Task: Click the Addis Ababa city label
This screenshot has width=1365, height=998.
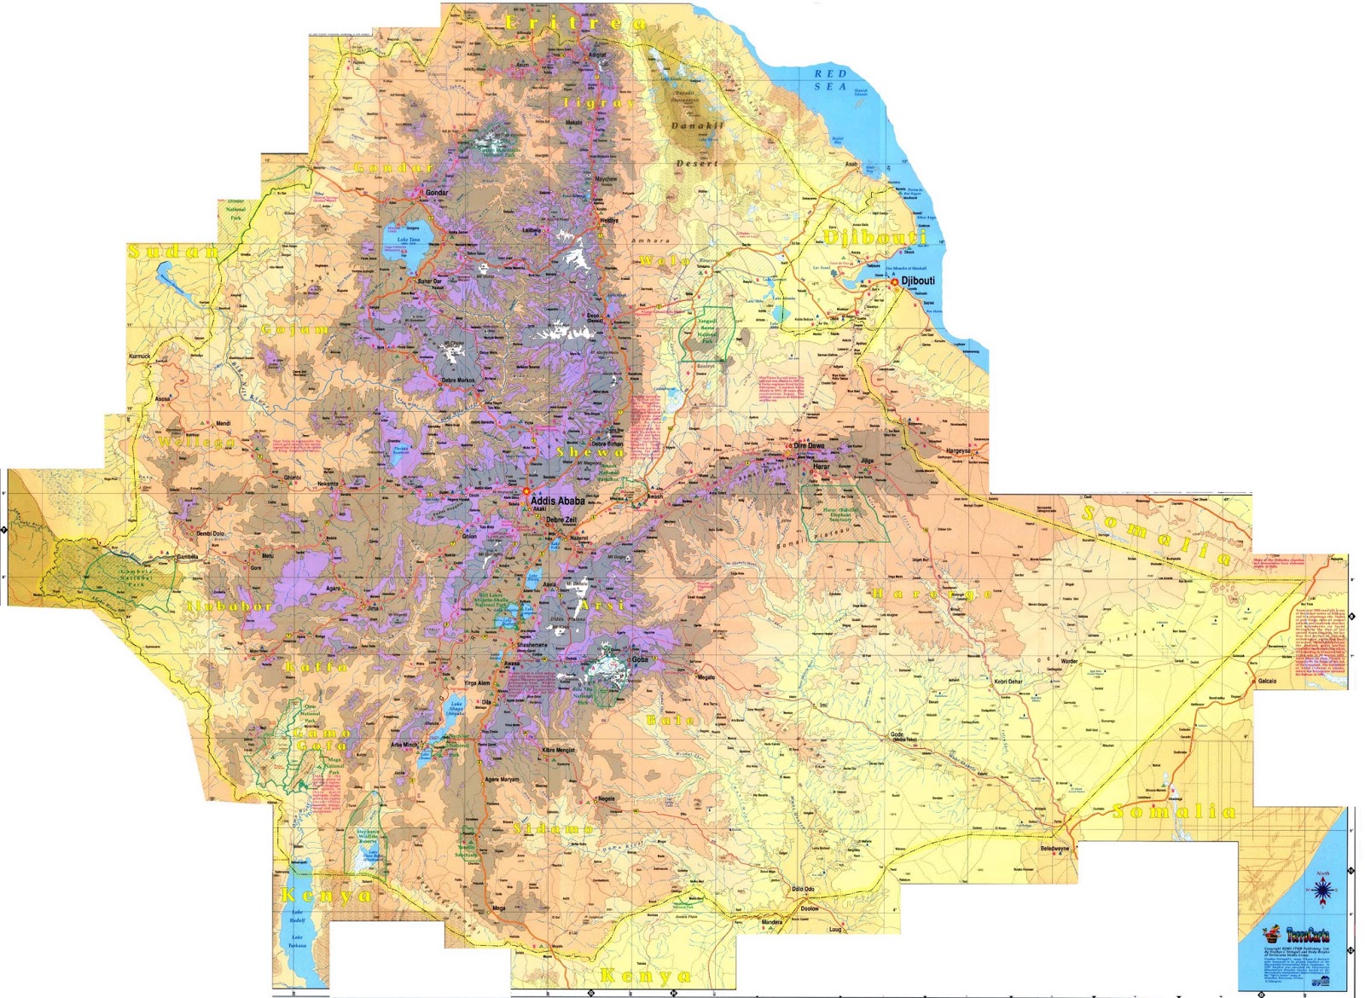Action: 558,501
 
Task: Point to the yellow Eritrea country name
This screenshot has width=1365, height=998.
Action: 576,23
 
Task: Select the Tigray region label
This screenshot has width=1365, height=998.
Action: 599,102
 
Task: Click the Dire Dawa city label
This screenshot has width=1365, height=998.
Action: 810,446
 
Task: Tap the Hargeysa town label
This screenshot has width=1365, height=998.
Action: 958,450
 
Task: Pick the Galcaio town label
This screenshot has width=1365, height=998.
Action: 1267,681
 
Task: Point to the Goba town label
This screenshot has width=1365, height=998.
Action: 640,659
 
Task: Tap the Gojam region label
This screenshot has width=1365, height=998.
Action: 295,329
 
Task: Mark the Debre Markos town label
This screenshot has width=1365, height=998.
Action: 458,380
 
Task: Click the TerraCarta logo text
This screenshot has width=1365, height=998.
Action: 1307,935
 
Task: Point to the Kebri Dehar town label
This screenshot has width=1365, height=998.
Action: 1008,682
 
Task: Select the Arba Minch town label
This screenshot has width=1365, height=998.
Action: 404,745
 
